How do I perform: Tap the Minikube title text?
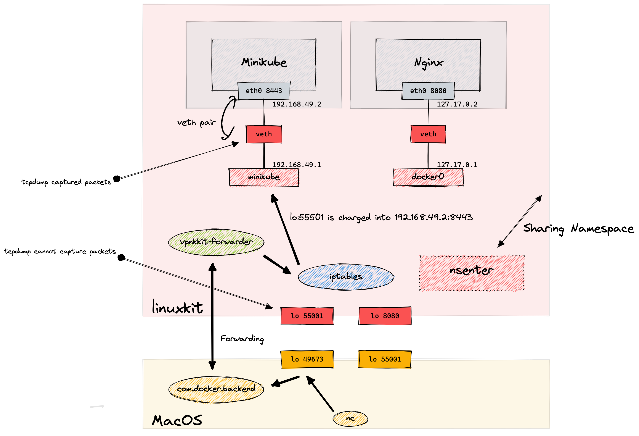(x=264, y=62)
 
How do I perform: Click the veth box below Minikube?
(x=264, y=134)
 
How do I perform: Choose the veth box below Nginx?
(x=428, y=134)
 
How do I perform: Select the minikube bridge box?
(x=264, y=177)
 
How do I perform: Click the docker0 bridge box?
(x=428, y=177)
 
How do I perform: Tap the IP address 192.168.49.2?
(x=297, y=104)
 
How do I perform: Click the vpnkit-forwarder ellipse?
(x=216, y=242)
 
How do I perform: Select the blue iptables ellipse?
(x=346, y=277)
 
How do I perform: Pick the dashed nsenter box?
(x=472, y=273)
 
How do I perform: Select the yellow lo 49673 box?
(x=307, y=359)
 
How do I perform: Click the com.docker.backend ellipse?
(x=216, y=389)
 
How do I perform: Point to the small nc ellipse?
(x=350, y=419)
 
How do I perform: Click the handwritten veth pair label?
(x=196, y=123)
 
